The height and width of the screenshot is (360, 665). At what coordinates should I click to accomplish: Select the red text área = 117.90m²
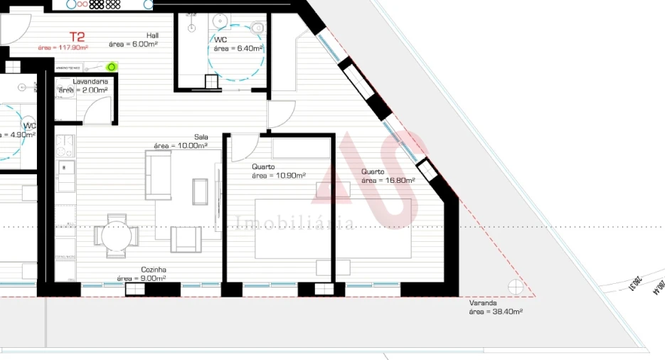tap(63, 48)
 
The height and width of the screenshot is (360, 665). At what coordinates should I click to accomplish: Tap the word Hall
tap(152, 35)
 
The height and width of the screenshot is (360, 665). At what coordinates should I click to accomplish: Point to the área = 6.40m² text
tap(238, 48)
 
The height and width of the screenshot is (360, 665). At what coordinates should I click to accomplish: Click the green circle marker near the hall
tap(111, 67)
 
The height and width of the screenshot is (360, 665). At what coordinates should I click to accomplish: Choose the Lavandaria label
tap(90, 82)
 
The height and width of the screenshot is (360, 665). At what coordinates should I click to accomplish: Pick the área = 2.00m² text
tap(83, 90)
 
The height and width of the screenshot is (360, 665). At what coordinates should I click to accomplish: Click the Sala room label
tap(201, 137)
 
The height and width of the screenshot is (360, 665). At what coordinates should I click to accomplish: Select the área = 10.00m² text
tap(181, 146)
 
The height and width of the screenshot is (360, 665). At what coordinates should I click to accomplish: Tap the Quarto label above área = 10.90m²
tap(263, 167)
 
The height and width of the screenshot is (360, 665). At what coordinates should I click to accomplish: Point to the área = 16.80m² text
tap(388, 180)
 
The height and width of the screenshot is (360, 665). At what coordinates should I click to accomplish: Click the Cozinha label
tap(154, 270)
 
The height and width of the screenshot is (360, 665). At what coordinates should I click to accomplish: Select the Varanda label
tap(482, 302)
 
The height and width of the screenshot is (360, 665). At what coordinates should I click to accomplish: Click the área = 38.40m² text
tap(496, 311)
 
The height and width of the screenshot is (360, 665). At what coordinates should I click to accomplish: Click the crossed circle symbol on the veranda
tap(516, 286)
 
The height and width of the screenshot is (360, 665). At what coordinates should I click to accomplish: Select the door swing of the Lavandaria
tap(97, 111)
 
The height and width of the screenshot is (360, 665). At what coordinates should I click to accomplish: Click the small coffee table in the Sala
tap(200, 191)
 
